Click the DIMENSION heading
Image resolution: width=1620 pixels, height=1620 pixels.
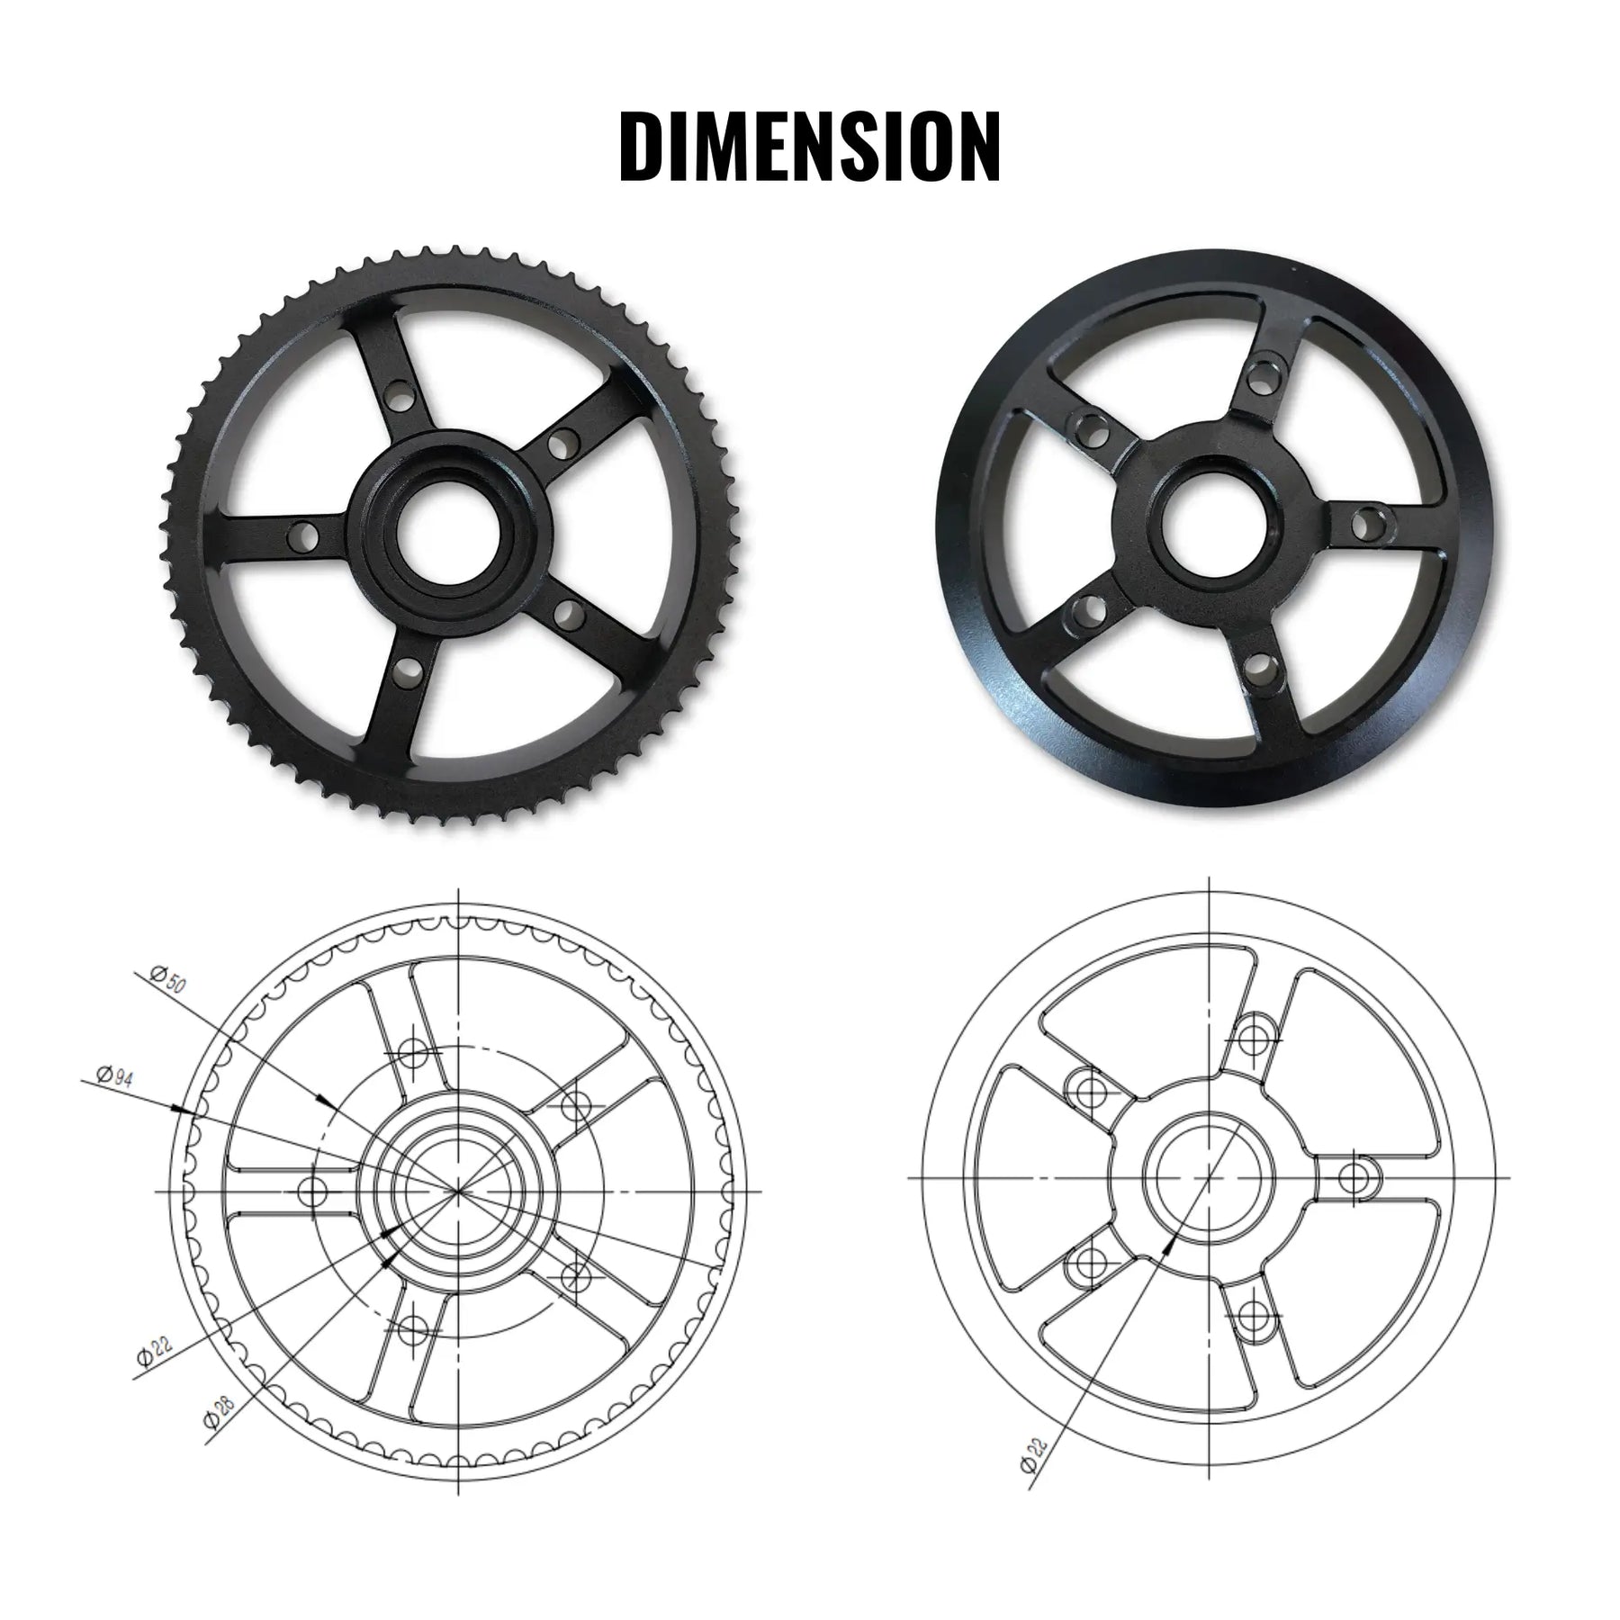(810, 147)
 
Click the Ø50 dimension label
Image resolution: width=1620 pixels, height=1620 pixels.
(168, 980)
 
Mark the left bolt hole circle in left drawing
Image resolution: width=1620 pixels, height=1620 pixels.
(311, 1192)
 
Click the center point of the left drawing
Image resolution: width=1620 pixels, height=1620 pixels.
(459, 1191)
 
